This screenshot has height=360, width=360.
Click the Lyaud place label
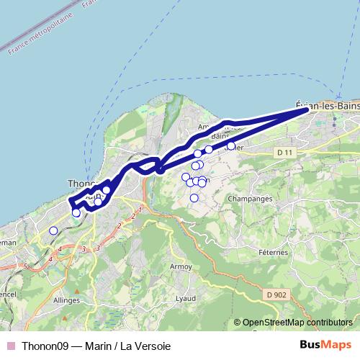pyautogui.click(x=185, y=298)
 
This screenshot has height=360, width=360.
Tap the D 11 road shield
pyautogui.click(x=286, y=153)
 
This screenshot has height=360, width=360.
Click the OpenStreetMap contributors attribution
pyautogui.click(x=297, y=323)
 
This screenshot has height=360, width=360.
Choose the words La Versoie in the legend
pyautogui.click(x=147, y=346)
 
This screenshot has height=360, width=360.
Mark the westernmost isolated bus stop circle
pyautogui.click(x=53, y=230)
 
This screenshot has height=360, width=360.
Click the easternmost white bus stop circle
pyautogui.click(x=231, y=146)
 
